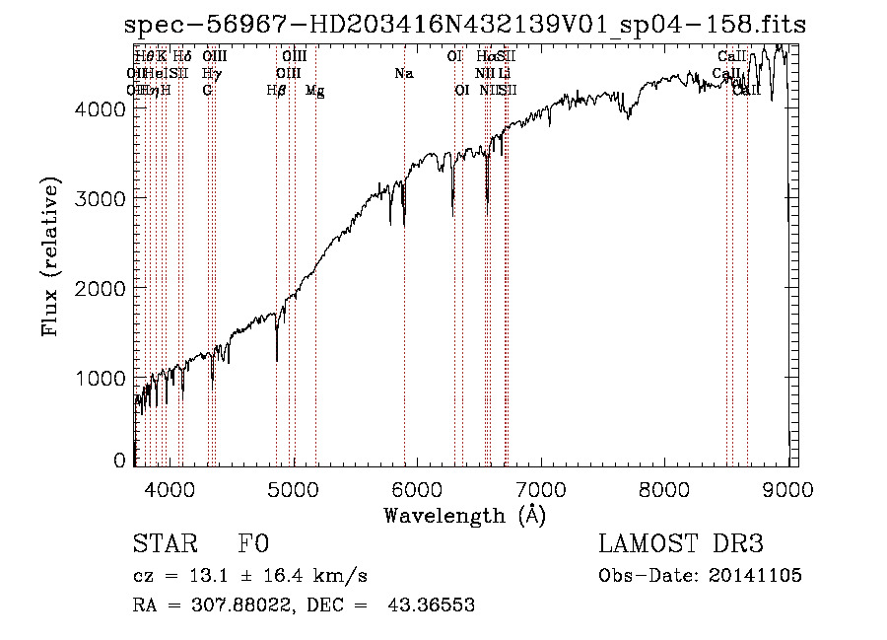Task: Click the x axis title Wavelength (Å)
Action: [464, 515]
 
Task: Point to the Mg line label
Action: [315, 91]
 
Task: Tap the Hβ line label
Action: [277, 91]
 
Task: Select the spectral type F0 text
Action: [253, 544]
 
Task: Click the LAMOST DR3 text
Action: [681, 544]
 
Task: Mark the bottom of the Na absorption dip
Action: [404, 226]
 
